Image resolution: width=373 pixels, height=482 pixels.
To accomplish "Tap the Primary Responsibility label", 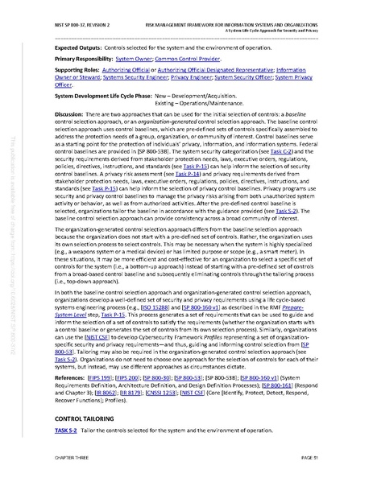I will click(82, 60).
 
